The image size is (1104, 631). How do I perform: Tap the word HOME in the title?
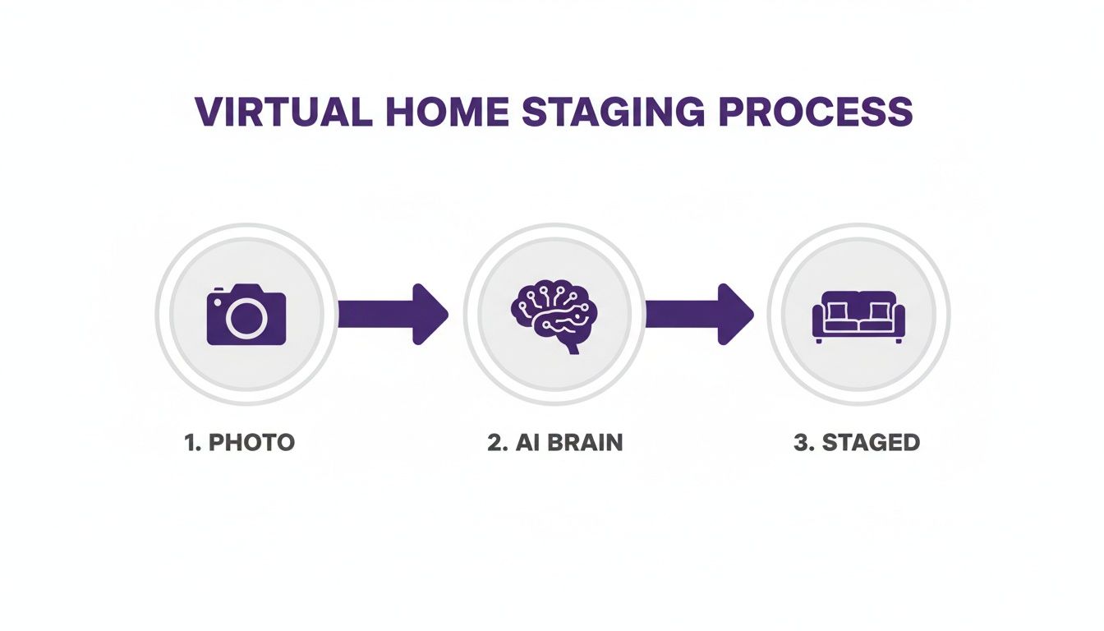pos(443,112)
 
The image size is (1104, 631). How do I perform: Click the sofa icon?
pos(858,316)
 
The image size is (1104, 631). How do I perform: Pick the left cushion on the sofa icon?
pos(839,311)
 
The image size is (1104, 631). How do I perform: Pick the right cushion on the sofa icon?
pos(878,311)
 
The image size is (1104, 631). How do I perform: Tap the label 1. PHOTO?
pos(240,442)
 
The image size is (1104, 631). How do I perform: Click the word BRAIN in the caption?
pos(584,442)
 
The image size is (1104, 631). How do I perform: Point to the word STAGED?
pos(871,442)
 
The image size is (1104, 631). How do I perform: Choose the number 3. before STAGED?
pos(804,442)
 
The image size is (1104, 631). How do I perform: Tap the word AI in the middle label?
pos(527,442)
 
